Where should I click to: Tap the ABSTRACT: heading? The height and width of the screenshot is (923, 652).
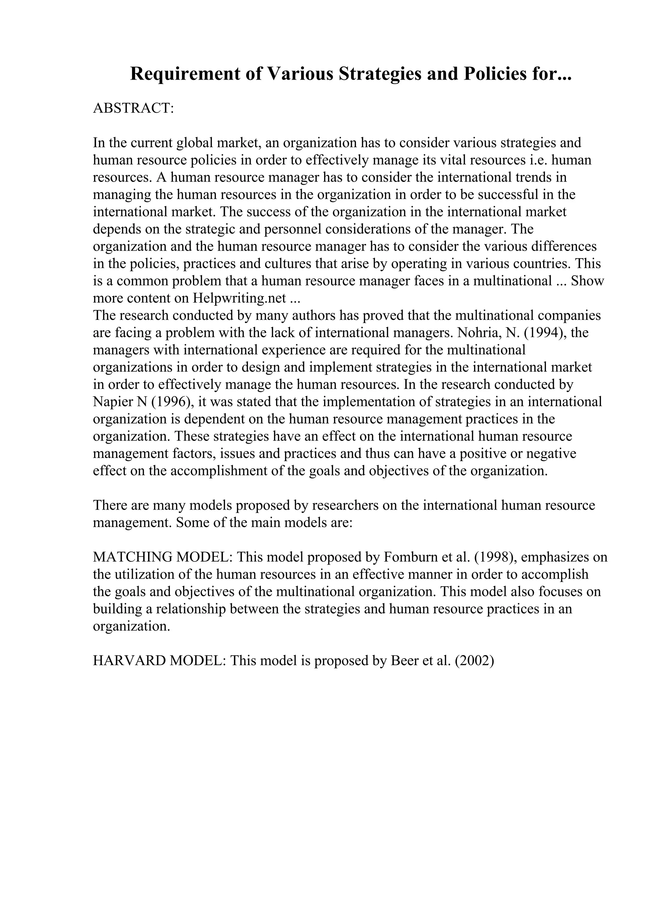(133, 108)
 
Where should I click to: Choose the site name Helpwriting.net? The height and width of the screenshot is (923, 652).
(239, 298)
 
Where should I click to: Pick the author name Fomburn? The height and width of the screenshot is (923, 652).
(409, 557)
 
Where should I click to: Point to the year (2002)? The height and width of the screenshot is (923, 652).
(474, 661)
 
